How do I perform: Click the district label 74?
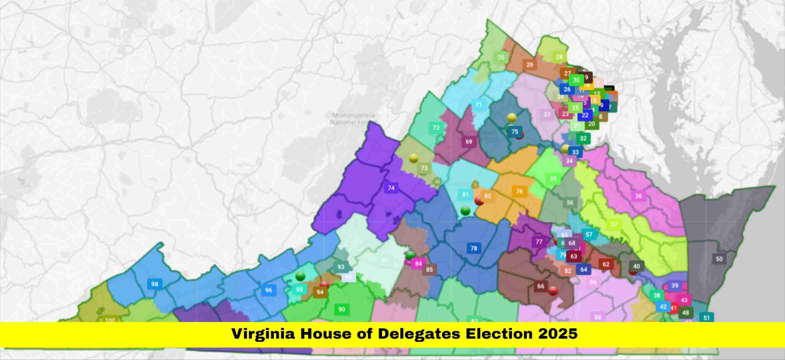pos(391,188)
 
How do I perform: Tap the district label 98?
pos(154,284)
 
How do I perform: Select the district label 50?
pos(719,259)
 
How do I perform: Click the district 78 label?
pos(474,248)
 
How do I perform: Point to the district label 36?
pos(638,196)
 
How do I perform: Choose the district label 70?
pos(501,58)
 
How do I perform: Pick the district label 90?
pos(342,309)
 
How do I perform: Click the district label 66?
pos(540,286)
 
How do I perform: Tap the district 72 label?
pos(436,128)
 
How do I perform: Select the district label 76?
pos(519,191)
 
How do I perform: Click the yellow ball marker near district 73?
pos(413,158)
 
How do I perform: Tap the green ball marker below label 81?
pos(465,210)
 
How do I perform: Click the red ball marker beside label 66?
pos(552,290)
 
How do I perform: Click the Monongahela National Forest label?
pos(353,118)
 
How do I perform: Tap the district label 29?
pos(529,65)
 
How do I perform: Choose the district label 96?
pos(268,290)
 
